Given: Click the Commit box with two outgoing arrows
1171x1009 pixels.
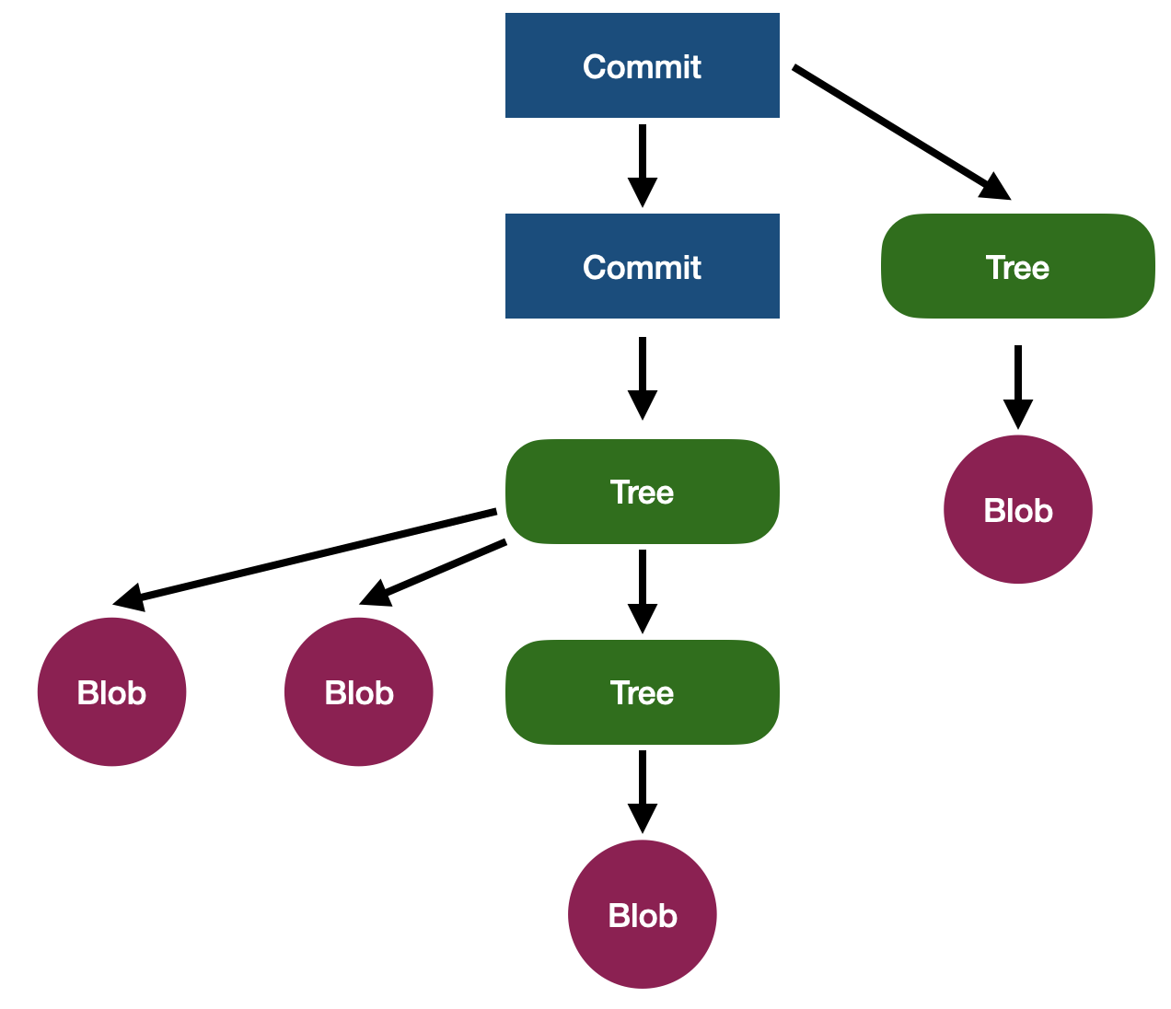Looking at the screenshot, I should point(642,65).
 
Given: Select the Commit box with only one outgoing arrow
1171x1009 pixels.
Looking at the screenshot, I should point(642,266).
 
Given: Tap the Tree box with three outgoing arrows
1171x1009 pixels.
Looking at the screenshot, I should point(642,492).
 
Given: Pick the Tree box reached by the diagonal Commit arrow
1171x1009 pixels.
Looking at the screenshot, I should point(1017,266).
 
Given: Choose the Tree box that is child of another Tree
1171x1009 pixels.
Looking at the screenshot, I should point(642,692).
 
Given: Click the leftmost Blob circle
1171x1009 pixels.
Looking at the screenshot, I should point(111,691).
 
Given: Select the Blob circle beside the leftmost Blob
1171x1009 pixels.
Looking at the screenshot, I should point(358,691).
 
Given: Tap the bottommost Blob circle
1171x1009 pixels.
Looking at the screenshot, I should point(642,914).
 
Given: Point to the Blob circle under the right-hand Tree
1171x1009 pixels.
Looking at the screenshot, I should point(1017,509).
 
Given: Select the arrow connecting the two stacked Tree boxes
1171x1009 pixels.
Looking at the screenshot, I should point(642,589).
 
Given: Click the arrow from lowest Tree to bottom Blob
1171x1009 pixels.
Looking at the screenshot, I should point(642,790).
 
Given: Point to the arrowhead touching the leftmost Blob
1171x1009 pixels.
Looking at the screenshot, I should point(129,597).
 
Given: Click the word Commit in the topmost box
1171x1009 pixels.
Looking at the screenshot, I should point(642,66).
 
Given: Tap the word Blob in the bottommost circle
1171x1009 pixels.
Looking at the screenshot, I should point(642,916).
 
